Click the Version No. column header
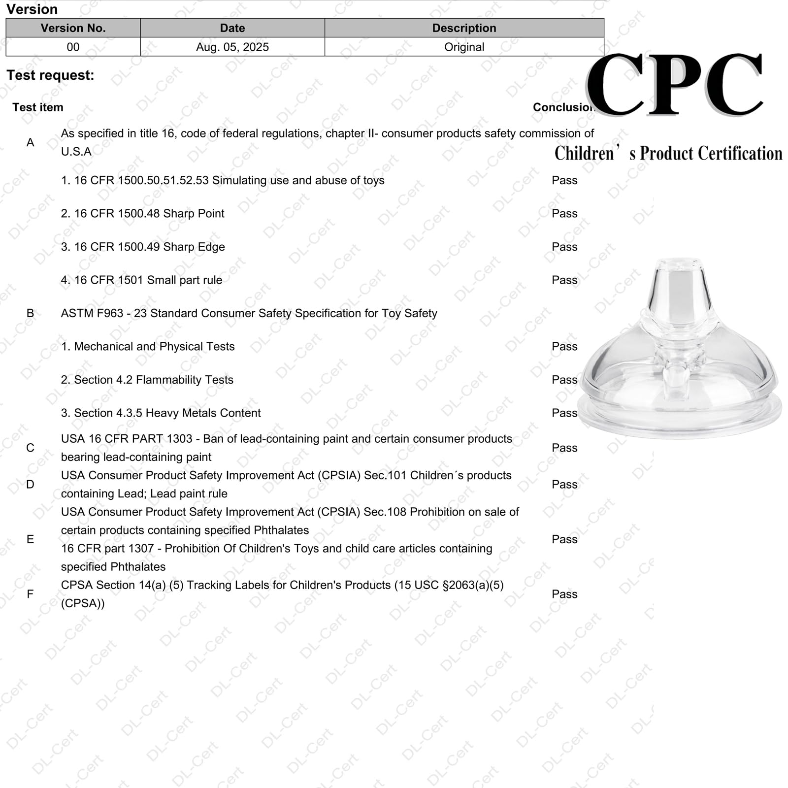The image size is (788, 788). point(73,28)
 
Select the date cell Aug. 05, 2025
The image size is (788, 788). point(232,47)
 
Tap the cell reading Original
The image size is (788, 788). point(464,47)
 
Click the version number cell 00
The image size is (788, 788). point(73,47)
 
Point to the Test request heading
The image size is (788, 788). point(50,75)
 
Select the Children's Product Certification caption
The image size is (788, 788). point(668,153)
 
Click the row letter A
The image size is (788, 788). point(31,143)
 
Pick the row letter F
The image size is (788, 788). point(31,594)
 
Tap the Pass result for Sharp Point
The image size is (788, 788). point(564,214)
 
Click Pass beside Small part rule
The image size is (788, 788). point(564,280)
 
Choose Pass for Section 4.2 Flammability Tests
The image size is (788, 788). point(564,380)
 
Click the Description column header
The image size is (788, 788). point(464,28)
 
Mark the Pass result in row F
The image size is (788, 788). point(564,594)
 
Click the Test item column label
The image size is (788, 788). point(38,107)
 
